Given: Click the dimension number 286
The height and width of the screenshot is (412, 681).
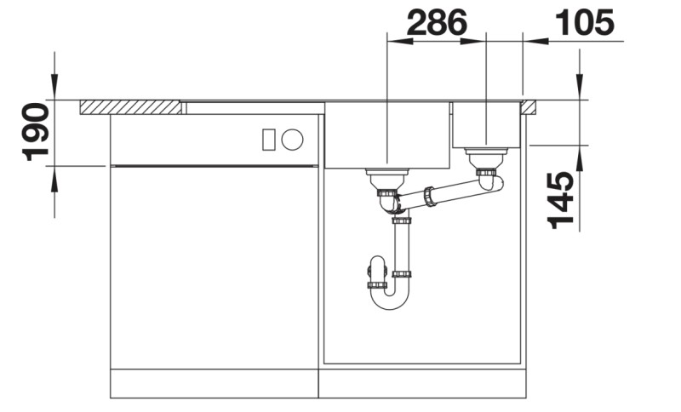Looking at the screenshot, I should tap(437, 23).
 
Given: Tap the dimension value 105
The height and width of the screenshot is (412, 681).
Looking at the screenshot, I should tap(584, 23).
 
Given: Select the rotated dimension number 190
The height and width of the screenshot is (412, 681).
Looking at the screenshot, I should tap(35, 132).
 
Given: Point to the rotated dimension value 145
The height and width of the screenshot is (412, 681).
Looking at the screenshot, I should tap(559, 200).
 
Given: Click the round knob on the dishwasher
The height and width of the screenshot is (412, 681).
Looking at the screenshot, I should tap(293, 139).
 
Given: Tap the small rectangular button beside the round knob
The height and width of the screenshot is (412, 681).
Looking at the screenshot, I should tap(269, 139).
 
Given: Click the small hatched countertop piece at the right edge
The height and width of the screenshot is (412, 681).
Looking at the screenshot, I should tap(529, 107).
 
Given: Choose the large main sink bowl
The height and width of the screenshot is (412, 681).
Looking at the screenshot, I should tap(387, 134).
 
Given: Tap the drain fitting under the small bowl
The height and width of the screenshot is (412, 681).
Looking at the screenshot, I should tap(487, 157).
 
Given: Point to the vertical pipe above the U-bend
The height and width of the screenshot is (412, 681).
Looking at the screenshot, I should tap(402, 247).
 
